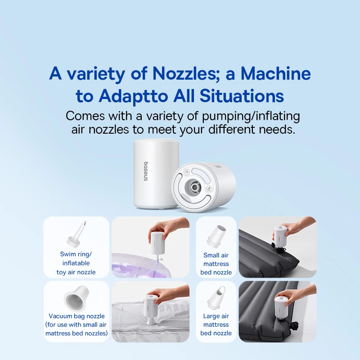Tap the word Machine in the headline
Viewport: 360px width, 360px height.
pos(275,73)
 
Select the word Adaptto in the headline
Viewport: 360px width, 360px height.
pos(133,96)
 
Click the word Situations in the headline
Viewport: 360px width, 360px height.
pos(242,95)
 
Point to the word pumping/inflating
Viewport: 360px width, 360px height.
pos(251,117)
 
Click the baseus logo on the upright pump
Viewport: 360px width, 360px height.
pos(146,171)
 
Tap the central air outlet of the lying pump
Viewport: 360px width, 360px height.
pos(195,186)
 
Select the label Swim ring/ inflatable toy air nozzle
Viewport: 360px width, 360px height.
pos(76,263)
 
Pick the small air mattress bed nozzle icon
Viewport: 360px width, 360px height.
pos(216,235)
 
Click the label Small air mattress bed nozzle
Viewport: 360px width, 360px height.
pos(216,264)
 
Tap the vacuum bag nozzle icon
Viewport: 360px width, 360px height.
pos(76,298)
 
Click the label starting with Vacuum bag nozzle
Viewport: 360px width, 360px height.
pos(76,324)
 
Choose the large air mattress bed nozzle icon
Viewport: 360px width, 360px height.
pos(216,297)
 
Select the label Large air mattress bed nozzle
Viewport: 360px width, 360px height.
pos(216,324)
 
